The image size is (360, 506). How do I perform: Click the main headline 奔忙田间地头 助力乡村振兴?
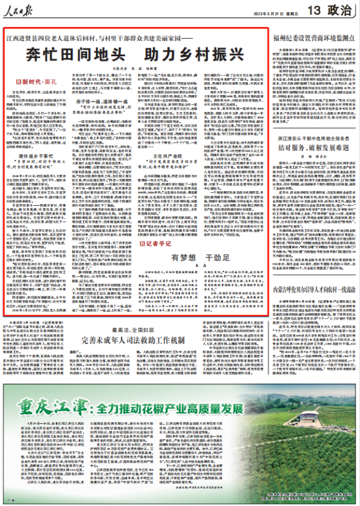tap(137, 56)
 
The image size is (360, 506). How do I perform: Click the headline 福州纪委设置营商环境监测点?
tap(313, 38)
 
